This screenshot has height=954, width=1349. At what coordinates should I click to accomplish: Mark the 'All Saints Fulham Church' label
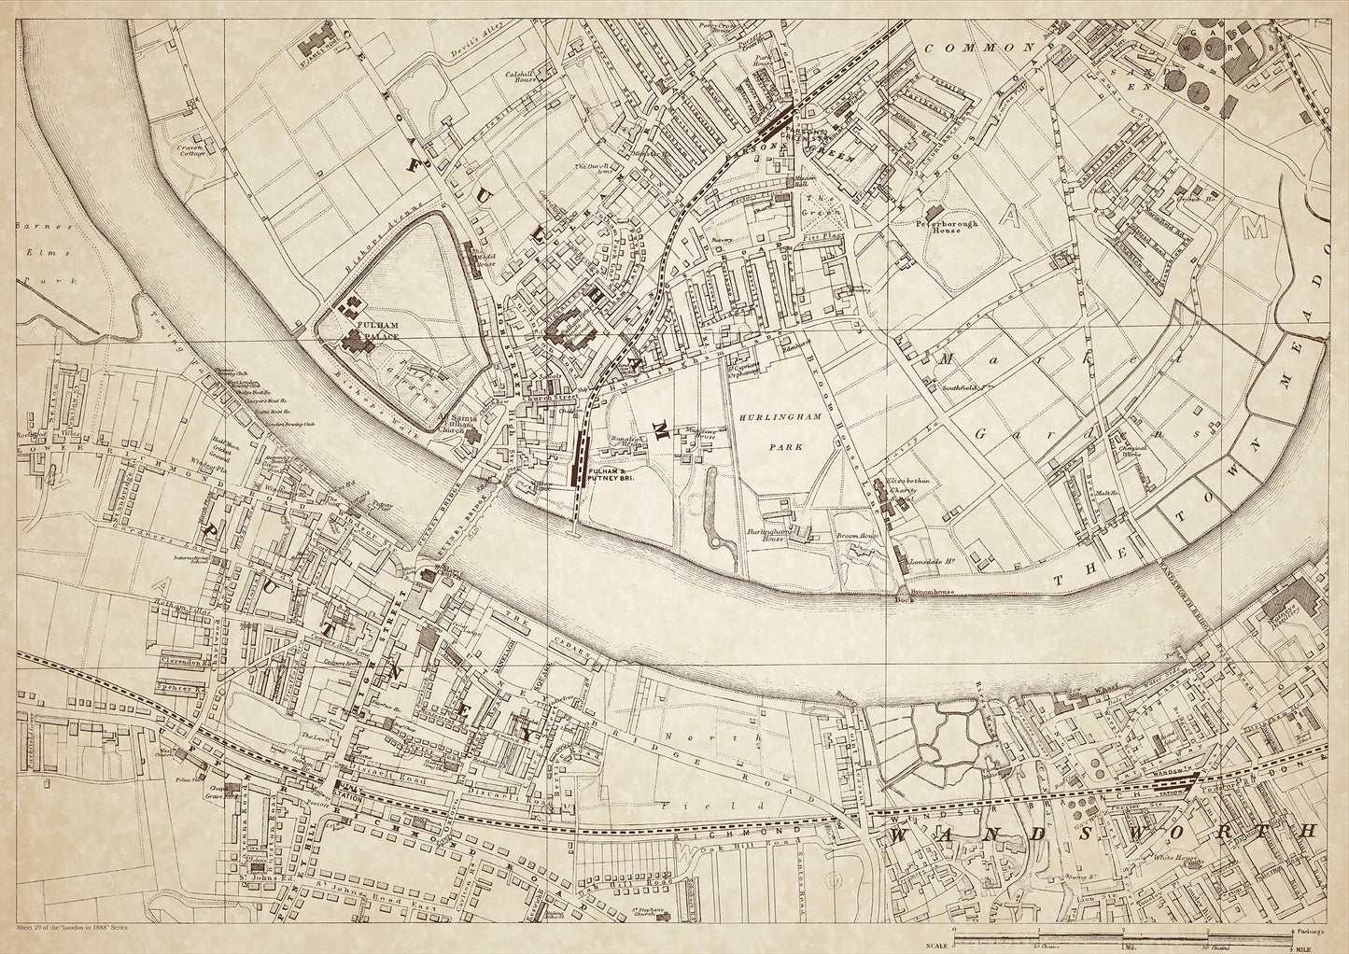click(457, 425)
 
